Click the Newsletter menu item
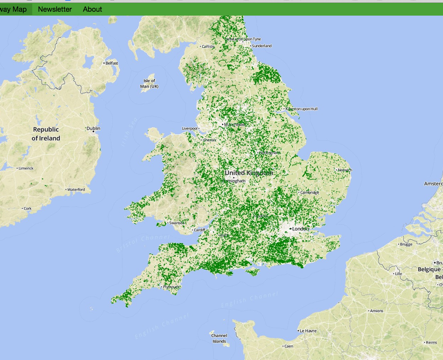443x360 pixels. pyautogui.click(x=55, y=9)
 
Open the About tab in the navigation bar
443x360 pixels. pyautogui.click(x=92, y=9)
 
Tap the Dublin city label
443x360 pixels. pyautogui.click(x=93, y=129)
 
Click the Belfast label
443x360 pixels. pyautogui.click(x=112, y=63)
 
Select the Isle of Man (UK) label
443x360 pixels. pyautogui.click(x=149, y=83)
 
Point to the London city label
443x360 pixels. pyautogui.click(x=300, y=229)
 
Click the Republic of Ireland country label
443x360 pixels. pyautogui.click(x=46, y=134)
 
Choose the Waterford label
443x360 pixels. pyautogui.click(x=76, y=190)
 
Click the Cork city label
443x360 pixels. pyautogui.click(x=27, y=208)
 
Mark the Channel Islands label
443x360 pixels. pyautogui.click(x=219, y=338)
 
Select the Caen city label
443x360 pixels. pyautogui.click(x=288, y=346)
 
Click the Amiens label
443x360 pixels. pyautogui.click(x=376, y=311)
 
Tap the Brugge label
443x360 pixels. pyautogui.click(x=405, y=244)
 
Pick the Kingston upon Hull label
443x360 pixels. pyautogui.click(x=302, y=109)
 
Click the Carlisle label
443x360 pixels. pyautogui.click(x=208, y=47)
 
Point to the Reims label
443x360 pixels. pyautogui.click(x=431, y=342)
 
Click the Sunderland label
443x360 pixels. pyautogui.click(x=261, y=46)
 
